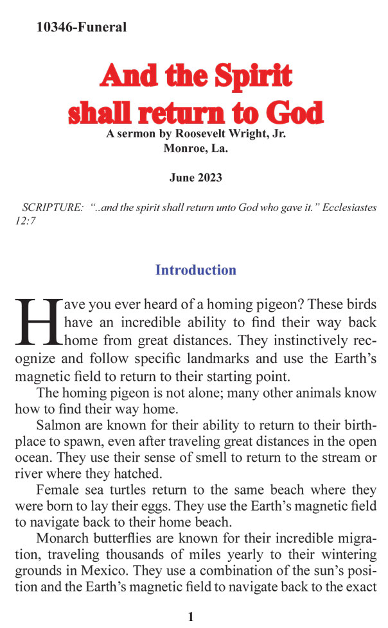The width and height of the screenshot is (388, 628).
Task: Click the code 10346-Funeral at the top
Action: [82, 27]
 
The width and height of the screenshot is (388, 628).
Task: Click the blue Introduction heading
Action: [195, 270]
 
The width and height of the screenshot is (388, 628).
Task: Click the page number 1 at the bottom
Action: [191, 617]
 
